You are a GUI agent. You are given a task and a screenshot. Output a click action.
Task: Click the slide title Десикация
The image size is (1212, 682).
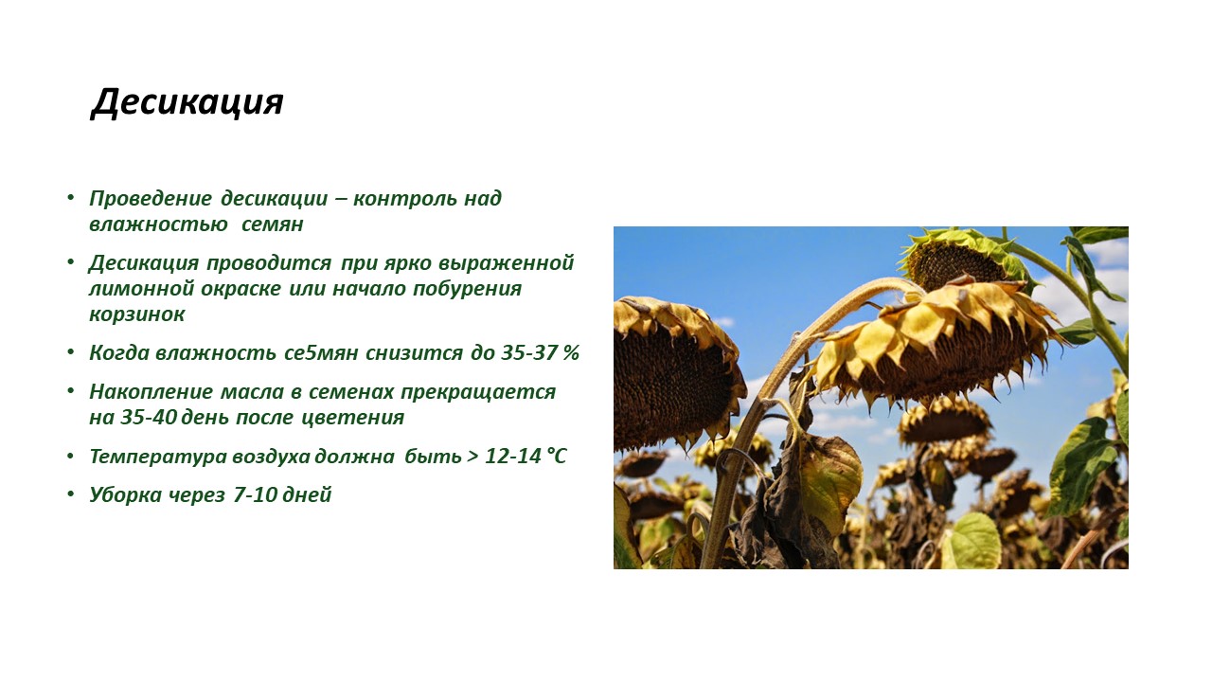(x=187, y=101)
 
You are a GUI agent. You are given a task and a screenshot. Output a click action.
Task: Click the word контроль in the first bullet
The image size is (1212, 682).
(x=405, y=199)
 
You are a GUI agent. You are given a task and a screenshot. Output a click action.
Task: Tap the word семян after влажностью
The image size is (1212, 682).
(x=272, y=224)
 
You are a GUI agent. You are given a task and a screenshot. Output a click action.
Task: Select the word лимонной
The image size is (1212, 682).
(x=141, y=289)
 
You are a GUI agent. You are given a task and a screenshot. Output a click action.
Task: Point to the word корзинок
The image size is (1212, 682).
(x=137, y=314)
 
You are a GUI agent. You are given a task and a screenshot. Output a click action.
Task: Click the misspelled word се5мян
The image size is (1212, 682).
(x=321, y=353)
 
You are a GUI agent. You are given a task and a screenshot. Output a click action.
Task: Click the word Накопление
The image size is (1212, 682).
(x=151, y=392)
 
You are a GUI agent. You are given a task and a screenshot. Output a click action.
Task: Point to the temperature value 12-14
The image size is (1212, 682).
(x=513, y=457)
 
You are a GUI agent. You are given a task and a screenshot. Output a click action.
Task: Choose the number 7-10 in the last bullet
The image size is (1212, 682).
(x=256, y=494)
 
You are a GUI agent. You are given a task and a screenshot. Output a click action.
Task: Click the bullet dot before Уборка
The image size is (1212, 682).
(x=70, y=494)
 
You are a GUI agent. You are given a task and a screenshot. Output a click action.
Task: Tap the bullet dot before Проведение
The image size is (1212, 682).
(x=70, y=198)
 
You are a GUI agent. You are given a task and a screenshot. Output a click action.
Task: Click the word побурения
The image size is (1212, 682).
(x=467, y=289)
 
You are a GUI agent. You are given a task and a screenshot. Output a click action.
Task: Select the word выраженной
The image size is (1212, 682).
(x=506, y=263)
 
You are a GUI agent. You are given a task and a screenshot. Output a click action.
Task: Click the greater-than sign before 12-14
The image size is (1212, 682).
(x=472, y=457)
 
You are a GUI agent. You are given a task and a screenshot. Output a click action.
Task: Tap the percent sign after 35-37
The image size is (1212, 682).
(x=571, y=353)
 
